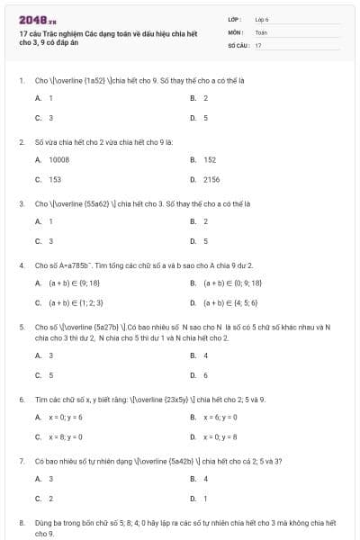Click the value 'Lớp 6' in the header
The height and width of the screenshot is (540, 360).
262,19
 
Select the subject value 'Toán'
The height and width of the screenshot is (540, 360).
261,31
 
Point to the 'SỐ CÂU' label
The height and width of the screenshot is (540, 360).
237,44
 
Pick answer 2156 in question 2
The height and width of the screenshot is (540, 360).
211,179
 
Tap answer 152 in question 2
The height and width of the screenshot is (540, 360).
210,159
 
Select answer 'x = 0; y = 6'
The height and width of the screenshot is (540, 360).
66,417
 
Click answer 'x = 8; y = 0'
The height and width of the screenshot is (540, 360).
66,436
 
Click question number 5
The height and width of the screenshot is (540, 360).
22,328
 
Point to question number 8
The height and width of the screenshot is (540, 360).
22,522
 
